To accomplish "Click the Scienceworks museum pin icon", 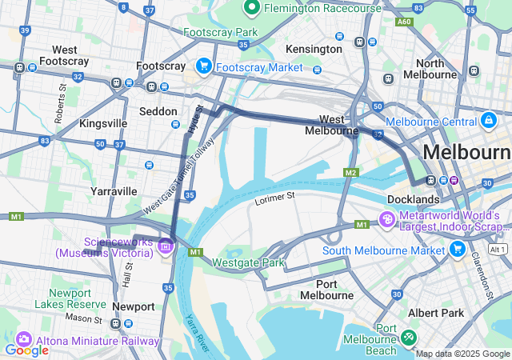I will [x=166, y=245].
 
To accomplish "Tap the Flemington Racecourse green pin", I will [x=251, y=9].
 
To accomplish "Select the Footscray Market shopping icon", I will [x=204, y=66].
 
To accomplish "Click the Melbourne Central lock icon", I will [x=487, y=121].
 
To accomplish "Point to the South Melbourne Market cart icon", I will [x=457, y=250].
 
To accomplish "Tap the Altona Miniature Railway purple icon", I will [x=22, y=340].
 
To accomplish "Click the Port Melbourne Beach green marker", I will [x=410, y=338].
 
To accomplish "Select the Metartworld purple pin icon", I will [x=386, y=218].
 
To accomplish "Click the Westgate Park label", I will [x=248, y=262].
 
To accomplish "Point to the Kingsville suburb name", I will [x=102, y=123].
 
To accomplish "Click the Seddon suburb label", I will [x=158, y=111].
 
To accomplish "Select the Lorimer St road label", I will [x=275, y=195].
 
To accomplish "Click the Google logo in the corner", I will [x=26, y=350].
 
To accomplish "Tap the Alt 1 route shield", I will [x=498, y=250].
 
